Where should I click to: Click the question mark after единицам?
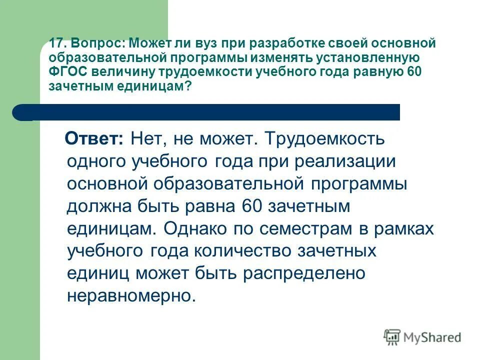(187, 85)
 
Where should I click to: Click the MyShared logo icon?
(391, 336)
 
